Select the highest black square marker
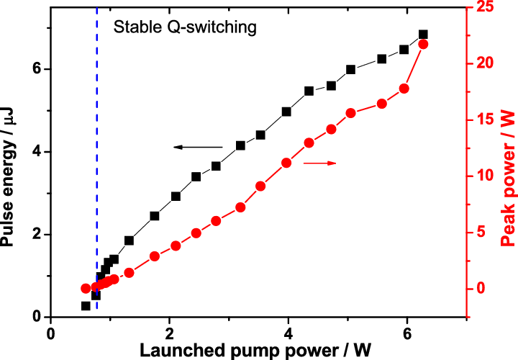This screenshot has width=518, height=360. [423, 35]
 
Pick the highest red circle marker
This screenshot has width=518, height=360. [423, 45]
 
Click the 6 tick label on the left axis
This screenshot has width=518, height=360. [37, 69]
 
